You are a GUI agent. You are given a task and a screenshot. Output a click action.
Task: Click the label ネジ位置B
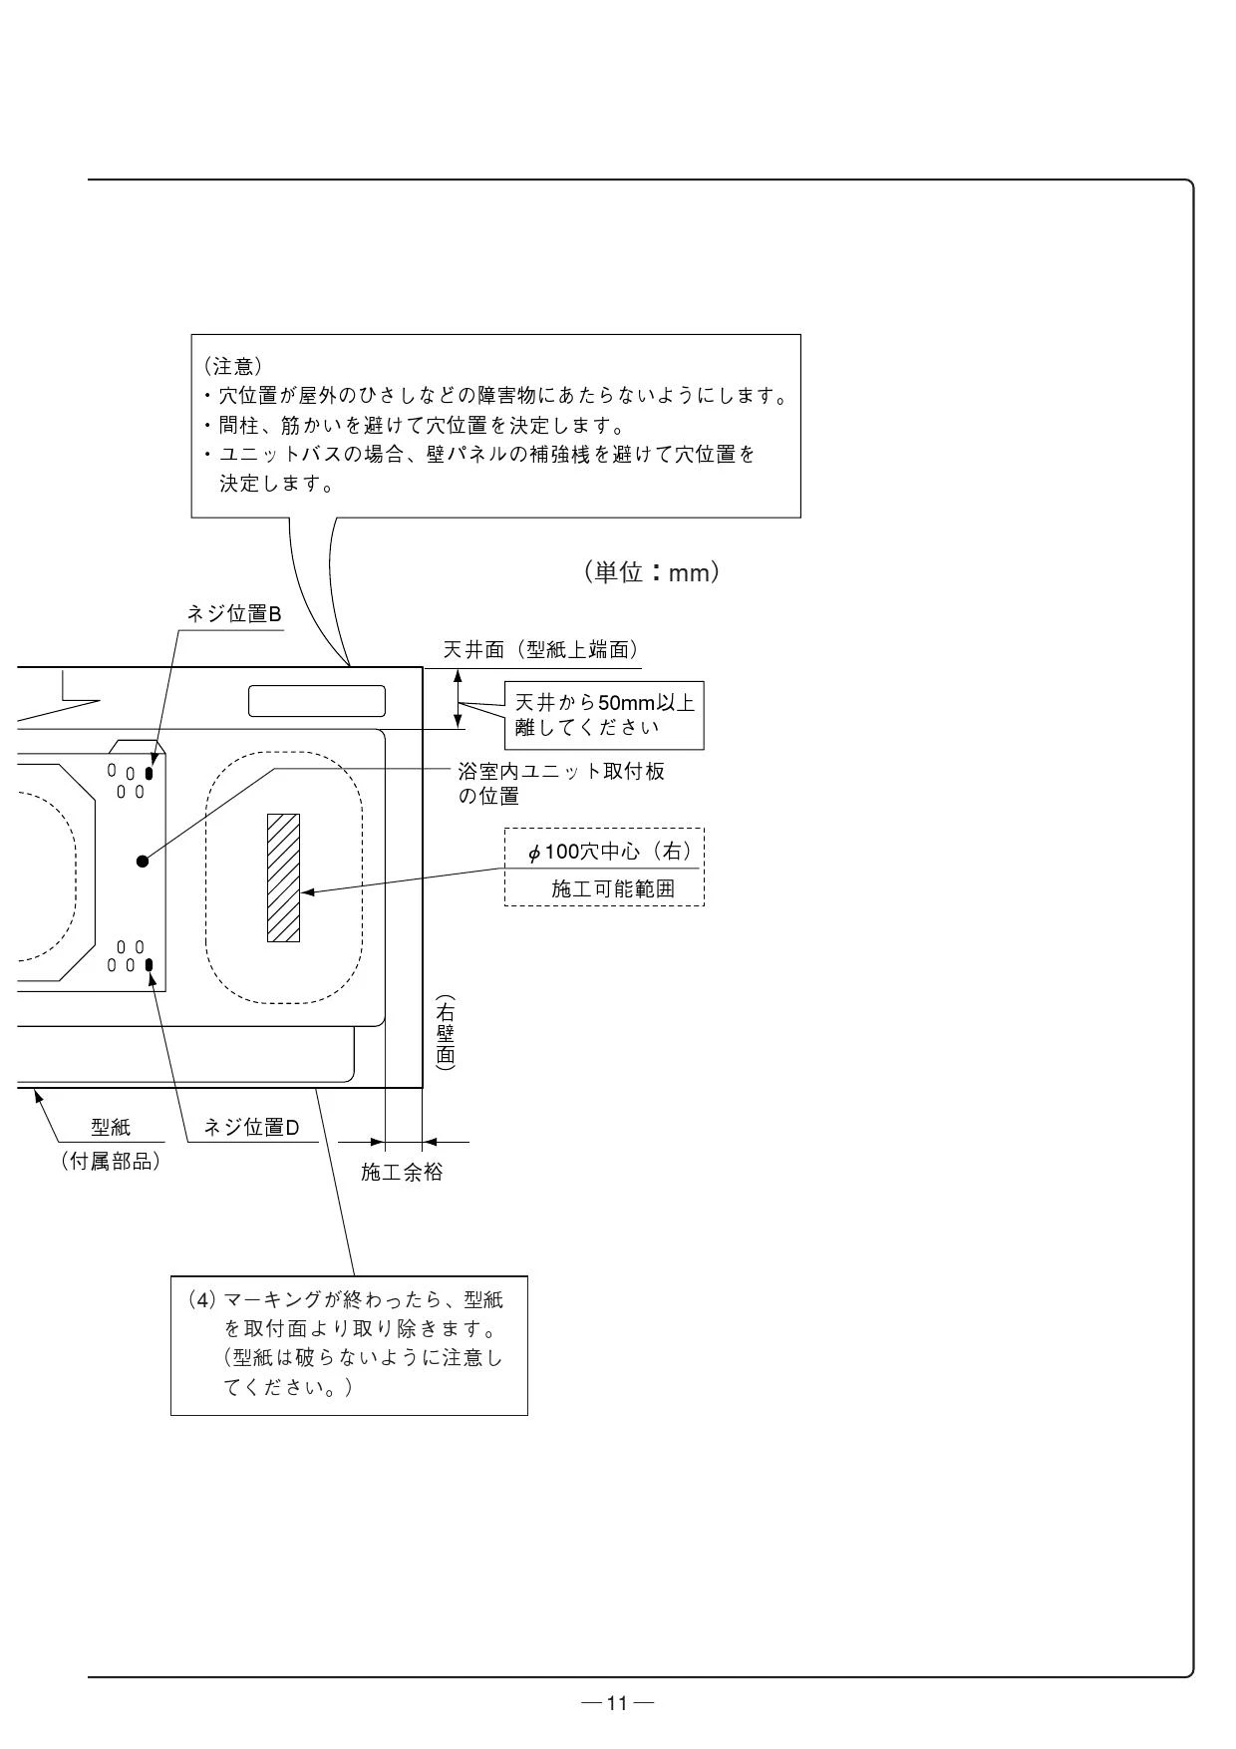(234, 614)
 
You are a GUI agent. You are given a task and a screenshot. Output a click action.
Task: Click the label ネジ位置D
(251, 1128)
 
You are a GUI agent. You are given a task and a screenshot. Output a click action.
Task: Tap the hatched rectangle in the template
(283, 877)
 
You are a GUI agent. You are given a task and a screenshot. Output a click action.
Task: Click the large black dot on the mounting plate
(143, 861)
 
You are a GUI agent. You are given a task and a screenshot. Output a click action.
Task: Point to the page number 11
(618, 1703)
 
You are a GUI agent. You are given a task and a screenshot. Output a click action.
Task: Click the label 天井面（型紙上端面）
(541, 650)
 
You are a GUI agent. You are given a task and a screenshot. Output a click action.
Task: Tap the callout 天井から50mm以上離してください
(604, 715)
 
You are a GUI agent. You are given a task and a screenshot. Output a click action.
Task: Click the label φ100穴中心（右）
(610, 853)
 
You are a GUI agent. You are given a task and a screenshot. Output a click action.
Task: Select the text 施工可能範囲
(613, 888)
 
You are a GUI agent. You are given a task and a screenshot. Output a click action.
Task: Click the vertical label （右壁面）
(446, 1033)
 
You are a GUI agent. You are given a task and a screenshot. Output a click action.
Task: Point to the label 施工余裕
(402, 1173)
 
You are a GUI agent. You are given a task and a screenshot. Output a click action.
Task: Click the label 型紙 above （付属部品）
(111, 1128)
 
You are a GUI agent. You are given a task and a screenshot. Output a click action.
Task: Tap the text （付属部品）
(111, 1162)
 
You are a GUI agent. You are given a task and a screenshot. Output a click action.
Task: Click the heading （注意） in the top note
(232, 366)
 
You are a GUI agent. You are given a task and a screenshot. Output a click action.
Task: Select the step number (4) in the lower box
(200, 1301)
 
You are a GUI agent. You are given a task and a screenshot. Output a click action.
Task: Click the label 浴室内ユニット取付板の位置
(561, 784)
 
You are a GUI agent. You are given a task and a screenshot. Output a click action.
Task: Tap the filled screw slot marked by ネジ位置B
(150, 773)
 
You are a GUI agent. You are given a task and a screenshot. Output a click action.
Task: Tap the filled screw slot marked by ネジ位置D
(150, 965)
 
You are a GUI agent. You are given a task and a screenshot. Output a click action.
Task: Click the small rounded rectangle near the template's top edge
(317, 701)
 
